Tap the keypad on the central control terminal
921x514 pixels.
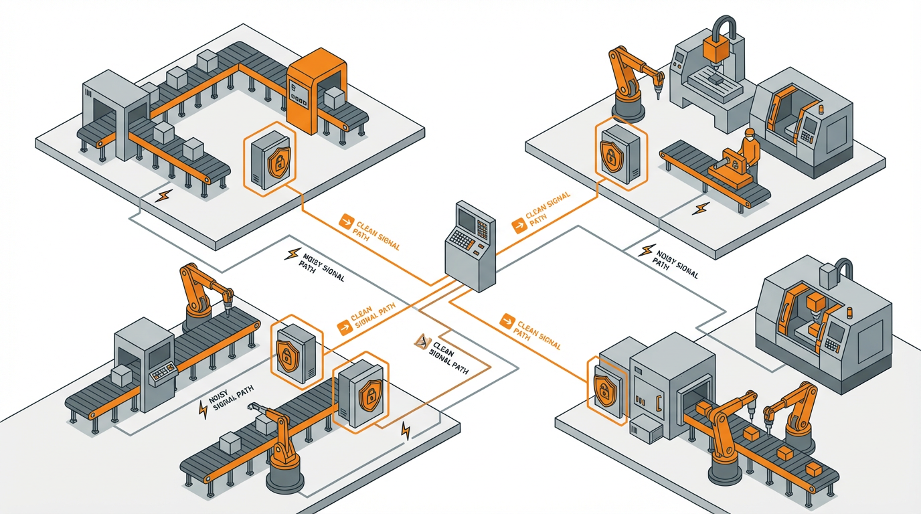click(462, 238)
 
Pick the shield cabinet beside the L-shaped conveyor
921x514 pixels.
click(270, 159)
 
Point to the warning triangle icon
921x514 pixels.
click(420, 342)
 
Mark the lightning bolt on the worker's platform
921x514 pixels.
click(701, 209)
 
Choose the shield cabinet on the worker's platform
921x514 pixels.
click(619, 153)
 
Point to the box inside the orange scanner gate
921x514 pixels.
click(332, 98)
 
